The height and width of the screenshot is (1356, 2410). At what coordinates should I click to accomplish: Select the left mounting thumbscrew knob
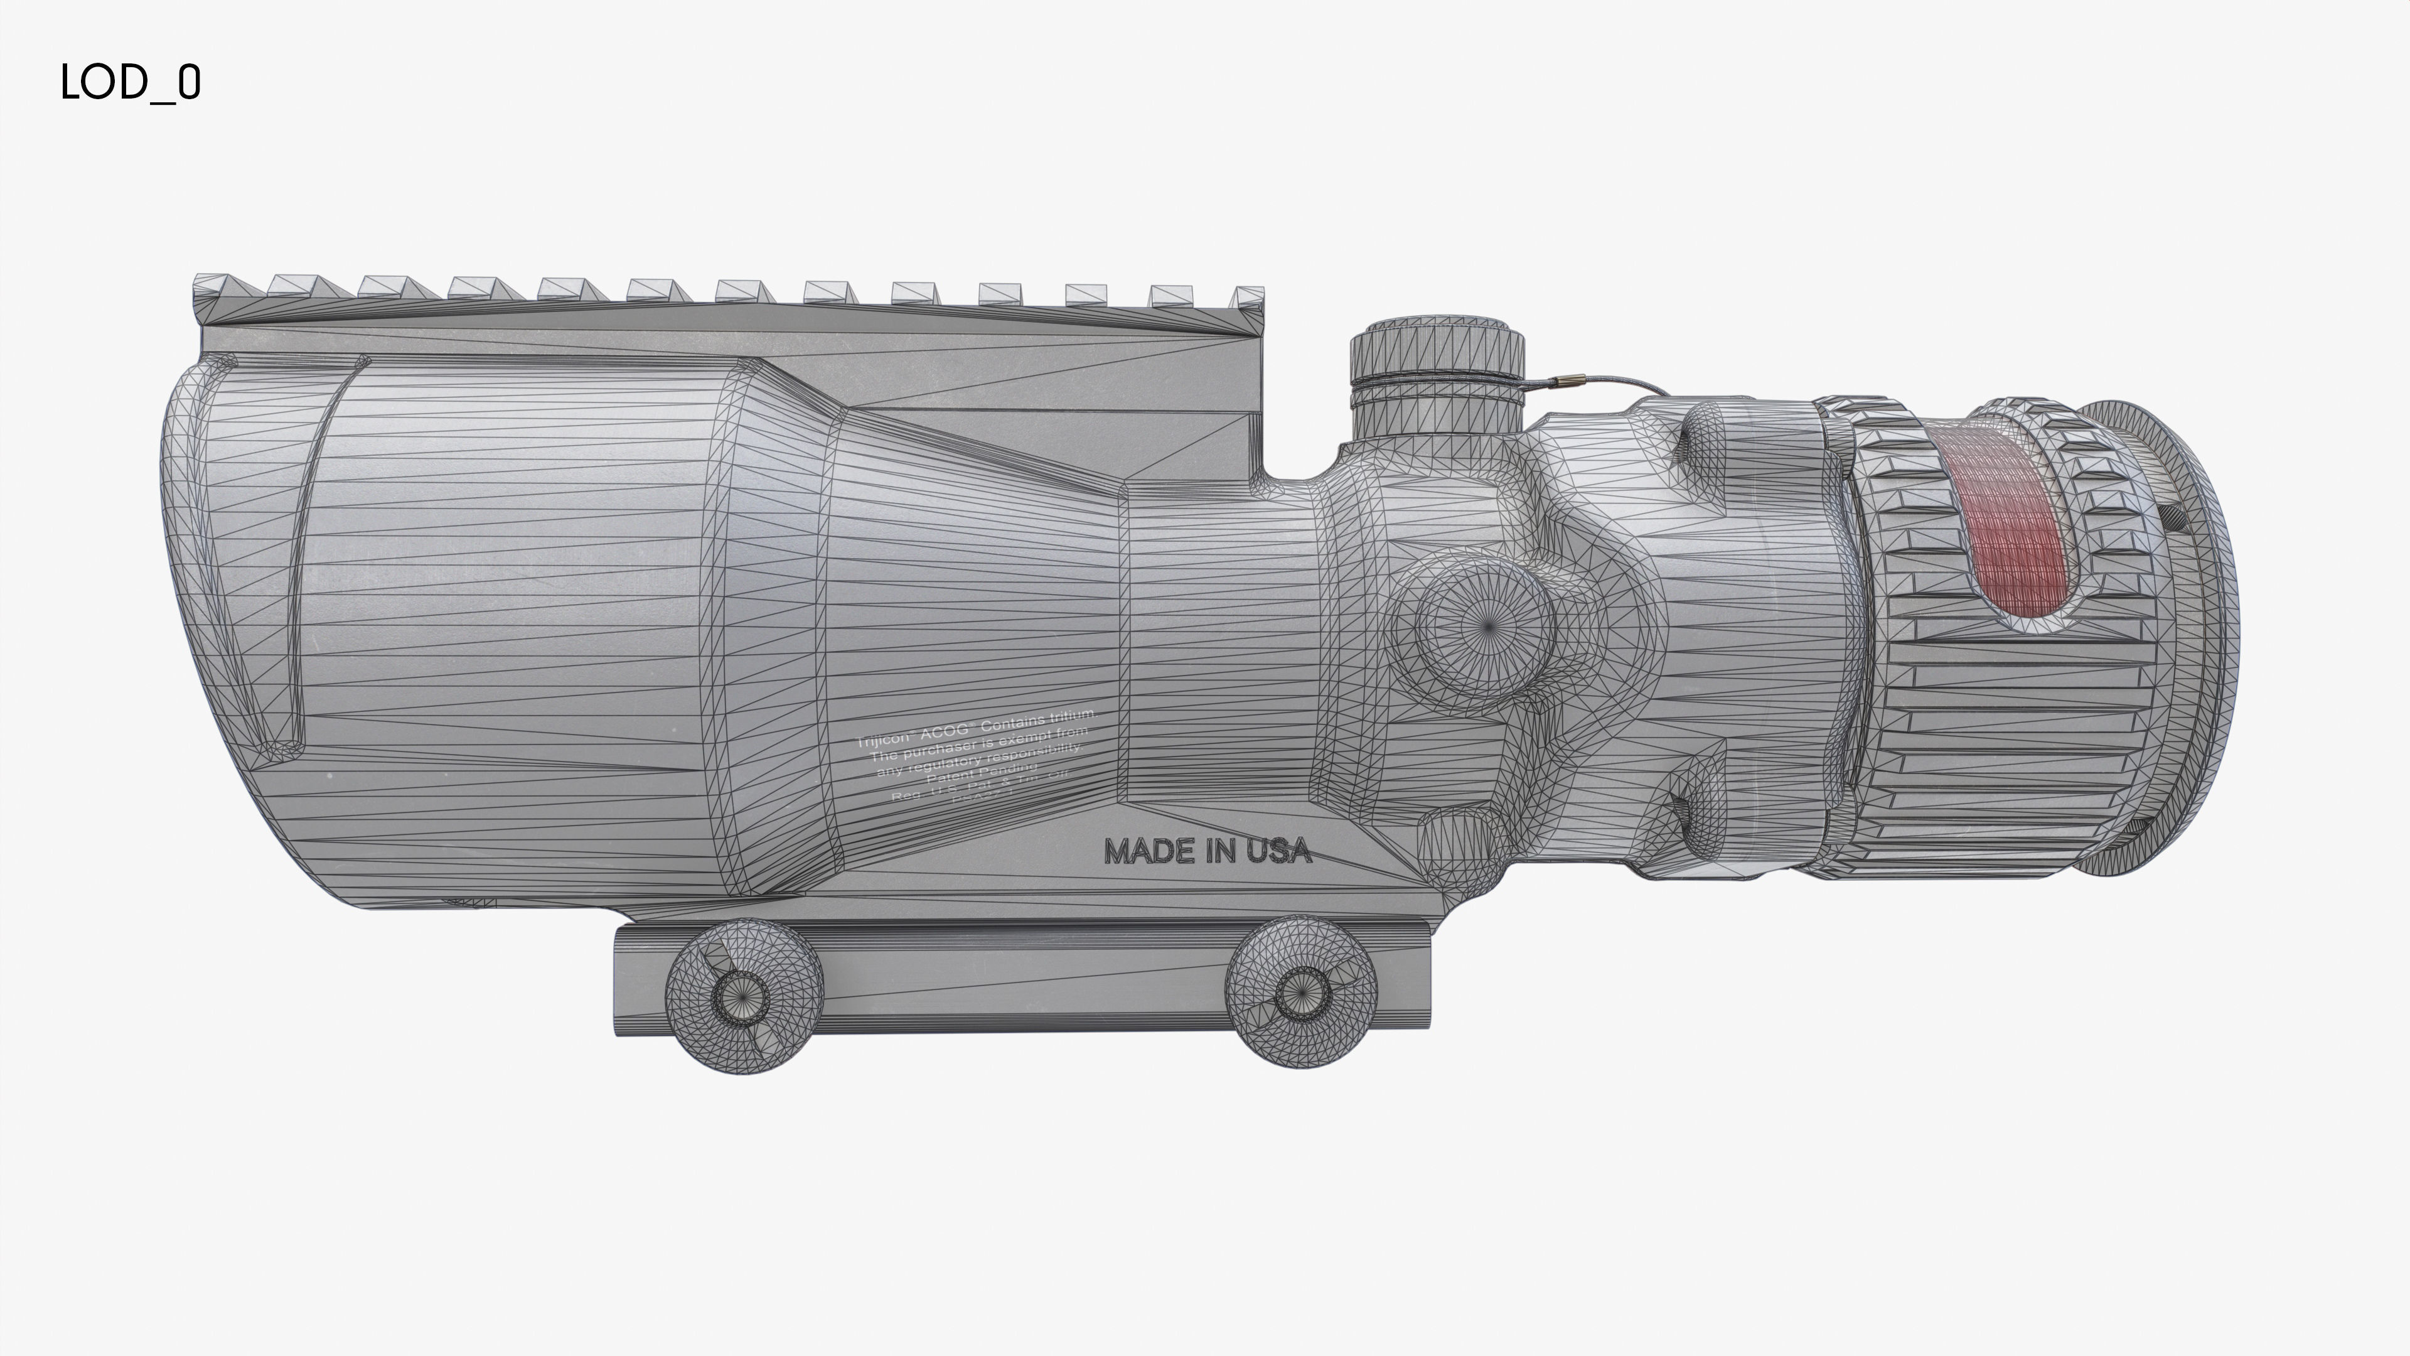pos(744,995)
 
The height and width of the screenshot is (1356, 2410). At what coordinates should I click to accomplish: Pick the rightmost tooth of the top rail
pos(1249,297)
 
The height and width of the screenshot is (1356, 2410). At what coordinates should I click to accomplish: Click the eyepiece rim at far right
pos(2212,637)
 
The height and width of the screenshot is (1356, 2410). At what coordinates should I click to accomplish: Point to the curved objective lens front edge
pos(192,561)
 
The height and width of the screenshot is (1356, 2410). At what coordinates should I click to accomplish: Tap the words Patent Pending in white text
pos(980,773)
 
